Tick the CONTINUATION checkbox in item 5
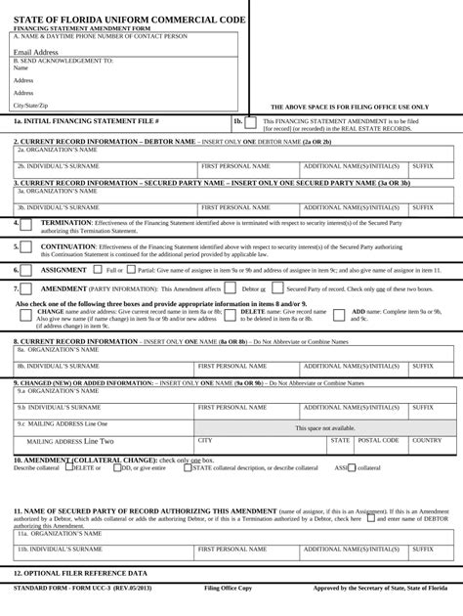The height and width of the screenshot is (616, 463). pyautogui.click(x=27, y=248)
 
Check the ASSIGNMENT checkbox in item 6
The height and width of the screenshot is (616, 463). pyautogui.click(x=27, y=270)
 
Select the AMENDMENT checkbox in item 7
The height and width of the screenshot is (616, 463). pyautogui.click(x=27, y=289)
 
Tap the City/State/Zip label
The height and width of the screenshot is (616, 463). pyautogui.click(x=29, y=105)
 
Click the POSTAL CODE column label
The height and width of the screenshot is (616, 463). pyautogui.click(x=379, y=441)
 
